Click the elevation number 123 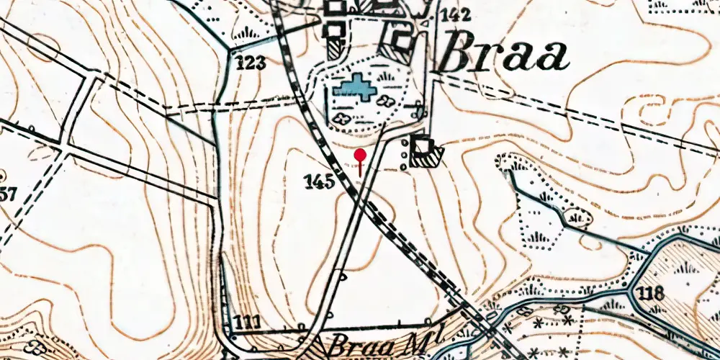[251, 63]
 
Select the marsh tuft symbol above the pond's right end [390, 75]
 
